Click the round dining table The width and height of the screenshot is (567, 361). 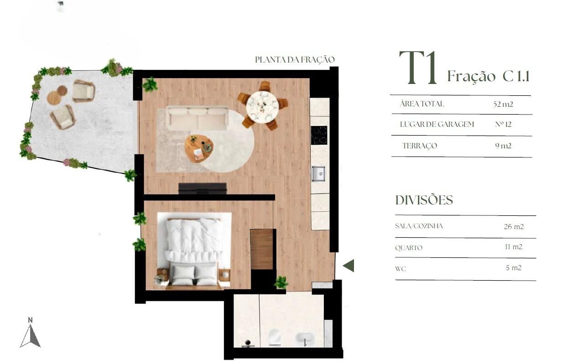[x=262, y=107]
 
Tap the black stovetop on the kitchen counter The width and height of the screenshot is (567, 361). [x=319, y=135]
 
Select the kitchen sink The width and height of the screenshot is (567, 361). [x=318, y=173]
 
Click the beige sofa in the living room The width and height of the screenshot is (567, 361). [x=198, y=119]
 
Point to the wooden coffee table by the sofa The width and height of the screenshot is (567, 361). [x=199, y=148]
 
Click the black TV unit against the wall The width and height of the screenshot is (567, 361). [x=202, y=188]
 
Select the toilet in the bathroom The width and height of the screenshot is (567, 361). [x=275, y=337]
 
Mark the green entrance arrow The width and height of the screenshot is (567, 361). [x=349, y=266]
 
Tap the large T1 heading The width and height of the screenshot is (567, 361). [x=418, y=68]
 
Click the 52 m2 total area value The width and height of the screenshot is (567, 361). [x=503, y=104]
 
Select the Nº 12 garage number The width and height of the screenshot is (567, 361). [x=503, y=125]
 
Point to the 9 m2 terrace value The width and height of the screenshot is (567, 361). [x=503, y=146]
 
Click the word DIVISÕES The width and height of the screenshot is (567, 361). [x=424, y=200]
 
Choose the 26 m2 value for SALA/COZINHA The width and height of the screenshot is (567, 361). [x=514, y=226]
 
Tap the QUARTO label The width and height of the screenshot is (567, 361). [x=409, y=248]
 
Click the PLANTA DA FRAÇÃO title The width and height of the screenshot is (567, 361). [x=295, y=60]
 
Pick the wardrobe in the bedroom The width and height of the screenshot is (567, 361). [x=262, y=249]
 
